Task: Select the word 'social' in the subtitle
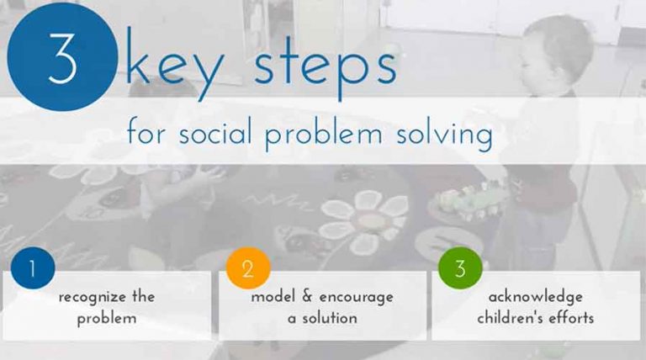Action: tap(221, 133)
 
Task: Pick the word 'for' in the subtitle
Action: tap(146, 133)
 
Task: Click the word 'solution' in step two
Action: tap(332, 318)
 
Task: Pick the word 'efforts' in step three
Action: tap(572, 318)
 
